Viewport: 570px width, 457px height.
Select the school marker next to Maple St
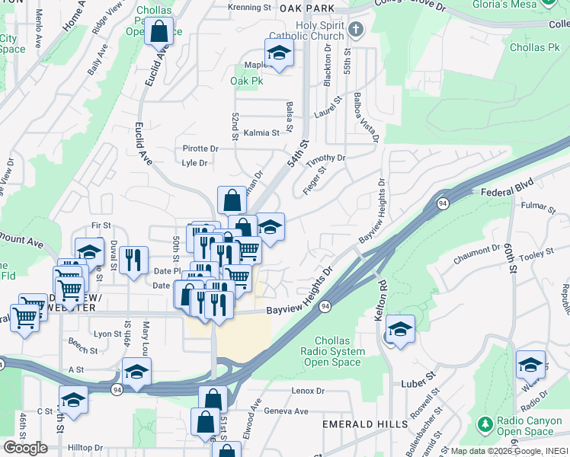279,54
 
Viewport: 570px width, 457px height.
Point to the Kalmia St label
261,133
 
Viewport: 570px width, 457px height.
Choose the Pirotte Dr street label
200,149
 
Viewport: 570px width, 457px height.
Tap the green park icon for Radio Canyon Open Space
483,423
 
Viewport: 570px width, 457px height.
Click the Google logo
25,447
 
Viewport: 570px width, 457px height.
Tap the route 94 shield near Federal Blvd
442,203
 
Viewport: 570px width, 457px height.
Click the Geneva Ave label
286,411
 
